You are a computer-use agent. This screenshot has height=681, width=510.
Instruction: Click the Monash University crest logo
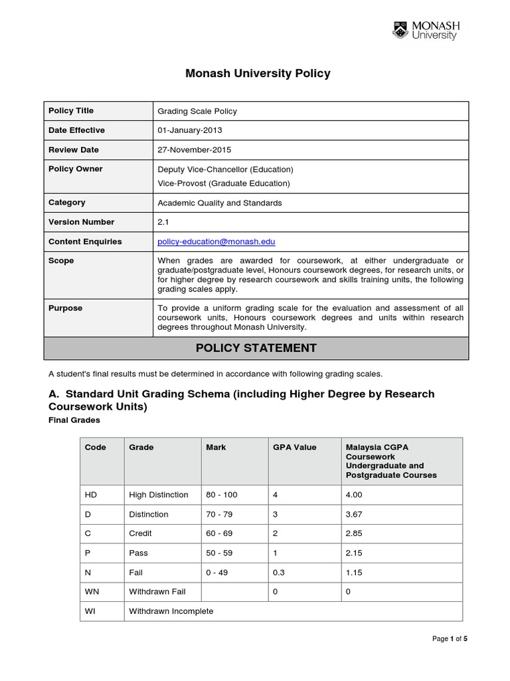[400, 30]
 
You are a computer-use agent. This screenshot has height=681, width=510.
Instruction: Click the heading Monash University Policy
[258, 74]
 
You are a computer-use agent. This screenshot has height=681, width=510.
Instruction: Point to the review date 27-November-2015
[194, 150]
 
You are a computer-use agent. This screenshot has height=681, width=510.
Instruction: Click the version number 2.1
[163, 222]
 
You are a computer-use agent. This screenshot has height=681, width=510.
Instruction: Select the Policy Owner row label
[76, 169]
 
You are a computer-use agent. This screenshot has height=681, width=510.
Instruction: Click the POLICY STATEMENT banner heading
[256, 348]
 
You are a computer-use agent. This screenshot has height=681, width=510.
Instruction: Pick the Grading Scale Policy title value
[197, 111]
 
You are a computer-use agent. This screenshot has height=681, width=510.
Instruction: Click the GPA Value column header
[295, 448]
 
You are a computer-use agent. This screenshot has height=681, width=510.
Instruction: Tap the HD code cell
[91, 495]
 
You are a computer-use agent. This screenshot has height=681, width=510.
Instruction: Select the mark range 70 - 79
[220, 514]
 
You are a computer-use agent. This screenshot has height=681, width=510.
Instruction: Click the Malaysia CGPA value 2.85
[354, 533]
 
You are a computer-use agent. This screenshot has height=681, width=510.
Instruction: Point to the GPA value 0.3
[279, 572]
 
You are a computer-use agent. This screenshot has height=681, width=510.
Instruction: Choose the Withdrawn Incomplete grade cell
[171, 611]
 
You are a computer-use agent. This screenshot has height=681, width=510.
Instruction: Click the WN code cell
[92, 591]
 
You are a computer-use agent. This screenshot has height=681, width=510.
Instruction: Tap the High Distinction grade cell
[159, 495]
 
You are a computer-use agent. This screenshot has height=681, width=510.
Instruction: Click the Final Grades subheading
[74, 420]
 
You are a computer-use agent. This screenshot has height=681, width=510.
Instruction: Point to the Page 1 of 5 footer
[450, 639]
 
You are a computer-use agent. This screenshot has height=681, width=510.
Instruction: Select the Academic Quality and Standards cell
[220, 203]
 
